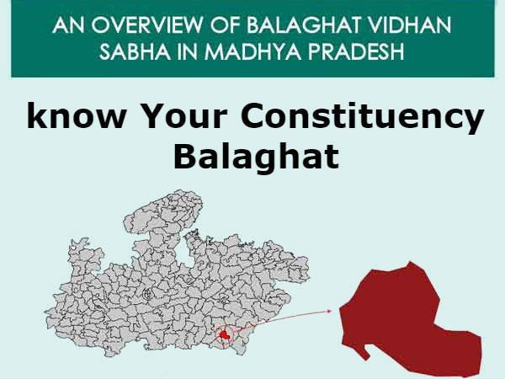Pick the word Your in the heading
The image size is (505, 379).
tap(173, 119)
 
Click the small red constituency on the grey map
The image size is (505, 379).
tap(224, 336)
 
